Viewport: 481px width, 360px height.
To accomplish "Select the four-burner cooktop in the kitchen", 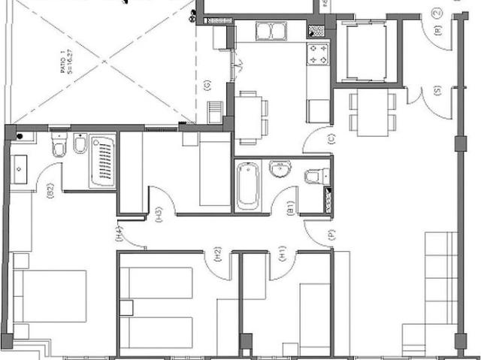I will coord(317,54).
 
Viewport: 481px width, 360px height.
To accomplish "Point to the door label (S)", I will coord(437,92).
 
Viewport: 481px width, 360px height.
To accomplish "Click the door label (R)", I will coord(437,31).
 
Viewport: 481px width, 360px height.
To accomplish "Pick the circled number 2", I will coord(437,13).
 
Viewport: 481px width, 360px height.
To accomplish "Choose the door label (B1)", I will coord(290,208).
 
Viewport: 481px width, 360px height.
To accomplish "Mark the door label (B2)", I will coord(50,191).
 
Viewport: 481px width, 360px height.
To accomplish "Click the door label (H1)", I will coord(283,254).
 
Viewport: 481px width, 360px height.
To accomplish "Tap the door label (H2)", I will coord(217,254).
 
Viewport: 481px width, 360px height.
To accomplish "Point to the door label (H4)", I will coord(119,234).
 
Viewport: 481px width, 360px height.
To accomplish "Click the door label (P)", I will coord(331,235).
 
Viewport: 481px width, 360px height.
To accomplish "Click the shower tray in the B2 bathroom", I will coord(102,161).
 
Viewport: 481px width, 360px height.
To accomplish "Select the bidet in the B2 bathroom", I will coord(80,144).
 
